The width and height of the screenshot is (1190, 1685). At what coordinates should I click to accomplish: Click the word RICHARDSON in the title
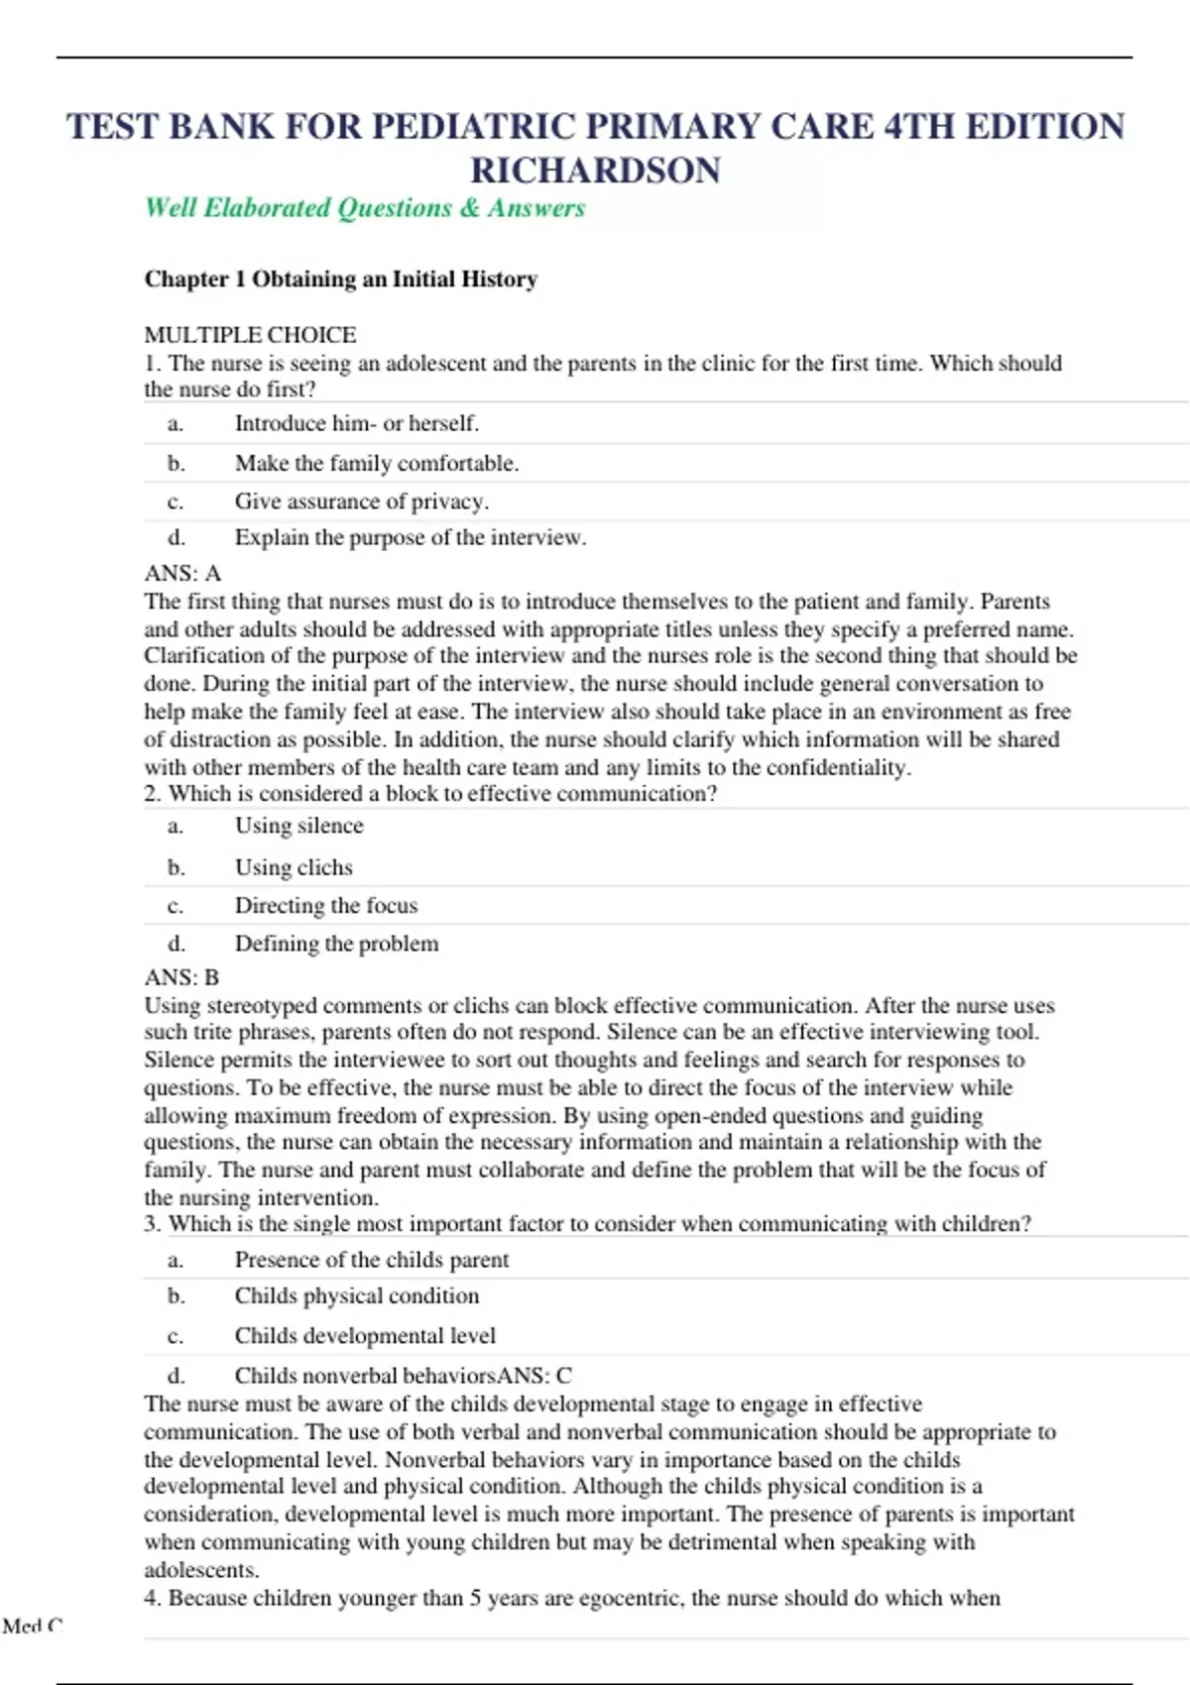tap(595, 170)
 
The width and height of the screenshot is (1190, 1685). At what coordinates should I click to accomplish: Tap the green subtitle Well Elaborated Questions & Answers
tap(365, 208)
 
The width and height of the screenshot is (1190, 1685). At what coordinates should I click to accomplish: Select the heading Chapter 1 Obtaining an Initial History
tap(341, 280)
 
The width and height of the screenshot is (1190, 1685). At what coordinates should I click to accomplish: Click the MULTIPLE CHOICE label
tap(250, 335)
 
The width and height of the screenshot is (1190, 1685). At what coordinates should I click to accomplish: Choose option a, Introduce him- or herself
tap(356, 423)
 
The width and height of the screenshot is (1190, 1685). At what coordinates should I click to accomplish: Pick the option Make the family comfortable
tap(377, 463)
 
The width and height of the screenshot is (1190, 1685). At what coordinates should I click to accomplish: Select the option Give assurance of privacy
tap(361, 502)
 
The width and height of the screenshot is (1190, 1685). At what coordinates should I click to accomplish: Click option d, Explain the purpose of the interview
tap(410, 538)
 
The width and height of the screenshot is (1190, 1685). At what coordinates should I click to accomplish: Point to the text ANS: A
tap(182, 574)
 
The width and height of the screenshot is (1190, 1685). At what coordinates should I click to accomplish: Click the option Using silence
tap(298, 826)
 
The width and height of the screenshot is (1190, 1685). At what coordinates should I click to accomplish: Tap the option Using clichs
tap(294, 867)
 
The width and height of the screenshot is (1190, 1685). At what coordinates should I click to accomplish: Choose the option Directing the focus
tap(325, 906)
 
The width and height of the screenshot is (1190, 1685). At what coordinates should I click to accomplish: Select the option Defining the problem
tap(336, 944)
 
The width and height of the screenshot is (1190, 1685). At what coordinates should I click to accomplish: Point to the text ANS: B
tap(181, 978)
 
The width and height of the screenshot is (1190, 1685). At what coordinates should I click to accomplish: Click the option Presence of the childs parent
tap(371, 1260)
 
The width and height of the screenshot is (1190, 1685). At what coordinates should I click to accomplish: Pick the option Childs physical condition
tap(356, 1296)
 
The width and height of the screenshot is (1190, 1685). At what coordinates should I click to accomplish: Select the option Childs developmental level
tap(364, 1336)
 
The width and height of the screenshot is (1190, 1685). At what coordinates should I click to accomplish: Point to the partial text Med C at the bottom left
tap(32, 1626)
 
